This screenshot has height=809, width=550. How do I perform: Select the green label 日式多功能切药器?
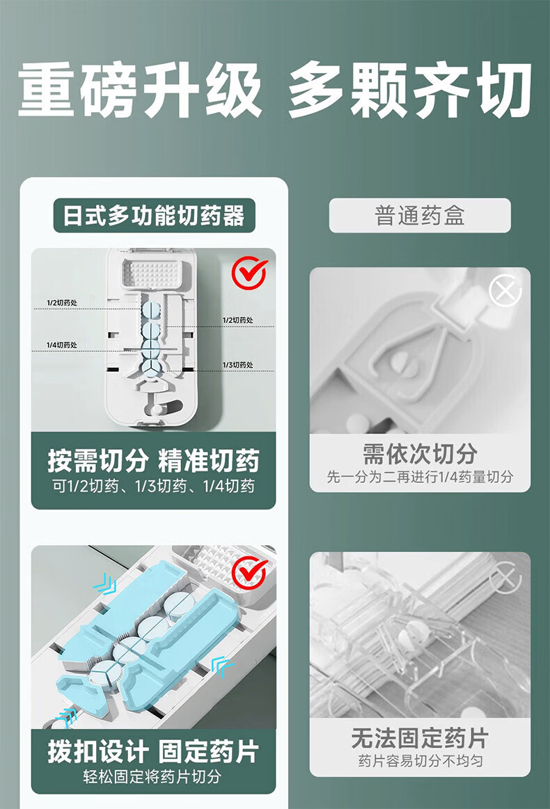click(155, 215)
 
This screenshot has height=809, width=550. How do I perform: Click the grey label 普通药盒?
click(420, 215)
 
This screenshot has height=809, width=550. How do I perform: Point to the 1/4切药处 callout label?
click(62, 345)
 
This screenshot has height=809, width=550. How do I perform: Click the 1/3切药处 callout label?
click(238, 365)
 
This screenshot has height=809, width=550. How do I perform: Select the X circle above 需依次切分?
click(505, 290)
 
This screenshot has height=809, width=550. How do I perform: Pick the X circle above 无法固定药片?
click(505, 577)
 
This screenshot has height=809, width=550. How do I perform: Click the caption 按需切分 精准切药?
click(154, 460)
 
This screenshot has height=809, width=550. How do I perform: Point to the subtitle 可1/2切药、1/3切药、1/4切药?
click(154, 486)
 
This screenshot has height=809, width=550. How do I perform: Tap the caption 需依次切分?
click(420, 453)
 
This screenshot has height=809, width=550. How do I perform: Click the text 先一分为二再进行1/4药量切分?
click(420, 476)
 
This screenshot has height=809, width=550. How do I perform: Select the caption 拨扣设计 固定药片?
click(154, 751)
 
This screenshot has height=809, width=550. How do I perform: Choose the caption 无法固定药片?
click(420, 738)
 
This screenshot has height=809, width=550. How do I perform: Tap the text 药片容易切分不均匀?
click(420, 760)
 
